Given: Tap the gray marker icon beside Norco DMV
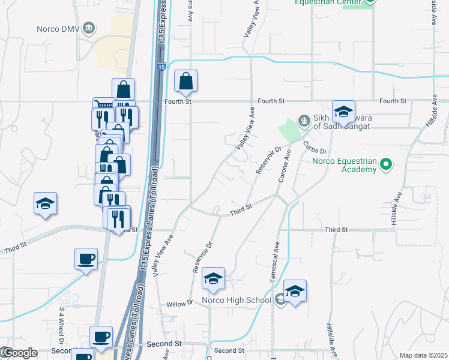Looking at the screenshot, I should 89,28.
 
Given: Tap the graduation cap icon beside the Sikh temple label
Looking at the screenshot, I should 343,112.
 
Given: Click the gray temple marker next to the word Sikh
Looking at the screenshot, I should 304,119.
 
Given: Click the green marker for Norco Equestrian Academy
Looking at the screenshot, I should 386,164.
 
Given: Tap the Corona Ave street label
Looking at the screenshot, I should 284,167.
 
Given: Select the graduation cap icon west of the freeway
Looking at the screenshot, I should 45,203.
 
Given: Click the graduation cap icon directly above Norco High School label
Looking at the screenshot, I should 213,278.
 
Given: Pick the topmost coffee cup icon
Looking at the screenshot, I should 86,259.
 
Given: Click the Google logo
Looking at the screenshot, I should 19,353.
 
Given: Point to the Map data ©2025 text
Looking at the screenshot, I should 423,355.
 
